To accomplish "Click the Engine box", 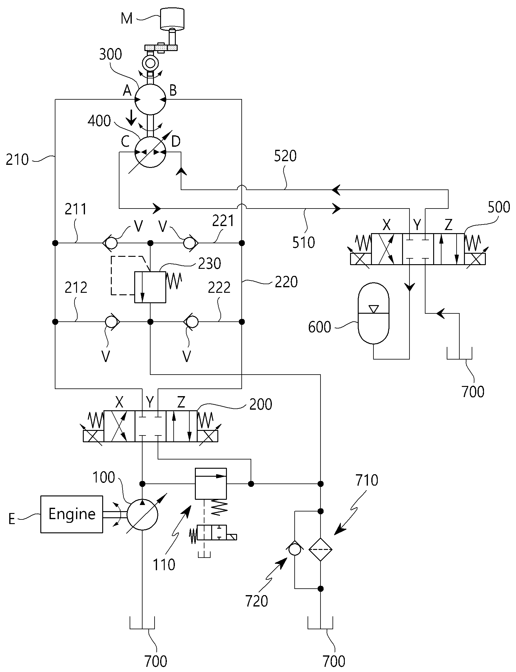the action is pos(72,514).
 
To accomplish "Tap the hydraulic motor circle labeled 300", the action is pos(150,100).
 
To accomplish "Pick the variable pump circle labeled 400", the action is pos(150,152).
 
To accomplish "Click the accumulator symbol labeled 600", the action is pos(373,313).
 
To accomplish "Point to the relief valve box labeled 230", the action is pos(150,287).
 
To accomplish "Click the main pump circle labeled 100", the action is pos(142,514).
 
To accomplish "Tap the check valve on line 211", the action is pos(110,243).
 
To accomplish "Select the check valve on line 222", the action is pos(191,322).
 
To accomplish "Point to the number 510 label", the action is pos(304,242).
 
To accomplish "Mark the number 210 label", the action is pos(17,160).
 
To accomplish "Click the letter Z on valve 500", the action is pos(449,225).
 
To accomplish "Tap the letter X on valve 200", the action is pos(119,402).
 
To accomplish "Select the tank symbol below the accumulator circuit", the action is pos(459,354).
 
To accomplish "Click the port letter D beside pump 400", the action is pos(175,142).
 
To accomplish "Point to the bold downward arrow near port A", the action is pos(132,118).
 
